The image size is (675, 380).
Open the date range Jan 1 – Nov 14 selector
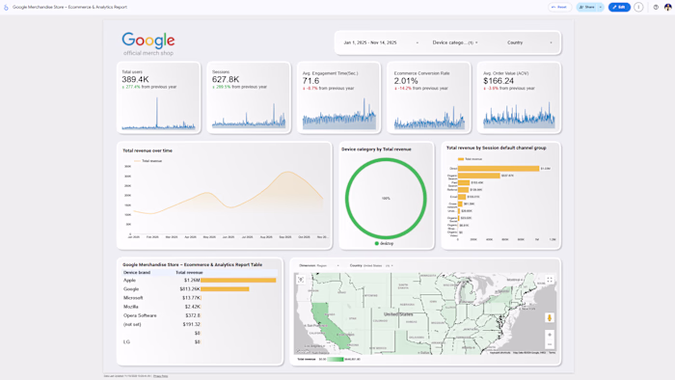(370, 42)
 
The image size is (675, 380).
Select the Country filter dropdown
(528, 42)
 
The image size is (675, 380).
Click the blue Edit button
(619, 7)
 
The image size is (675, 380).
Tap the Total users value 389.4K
(135, 79)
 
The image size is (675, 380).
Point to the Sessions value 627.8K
(226, 79)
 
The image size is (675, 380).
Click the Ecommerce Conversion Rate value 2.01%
(406, 81)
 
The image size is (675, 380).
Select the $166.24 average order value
(499, 81)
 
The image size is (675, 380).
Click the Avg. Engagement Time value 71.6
(310, 81)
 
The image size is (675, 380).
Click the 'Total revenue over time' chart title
(148, 150)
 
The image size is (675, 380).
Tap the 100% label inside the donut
(386, 199)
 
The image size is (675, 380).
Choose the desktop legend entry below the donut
(385, 243)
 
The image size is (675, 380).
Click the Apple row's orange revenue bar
(238, 281)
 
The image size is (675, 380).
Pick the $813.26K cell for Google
(189, 289)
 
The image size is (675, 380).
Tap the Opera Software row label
(140, 315)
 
